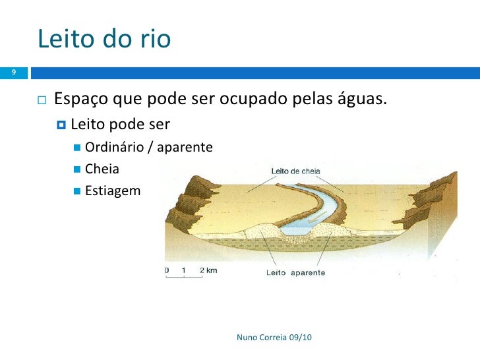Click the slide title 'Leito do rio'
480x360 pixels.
104,40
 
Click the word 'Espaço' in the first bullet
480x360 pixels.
81,100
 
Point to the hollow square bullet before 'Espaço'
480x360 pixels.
42,101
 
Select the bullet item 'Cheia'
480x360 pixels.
102,169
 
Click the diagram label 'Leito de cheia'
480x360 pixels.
295,171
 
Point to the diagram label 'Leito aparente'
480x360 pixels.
295,272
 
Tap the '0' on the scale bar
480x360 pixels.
167,270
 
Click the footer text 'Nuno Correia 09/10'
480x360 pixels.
274,338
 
